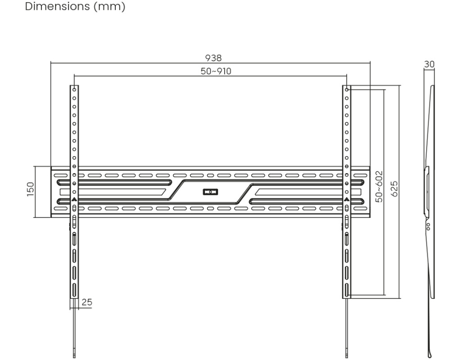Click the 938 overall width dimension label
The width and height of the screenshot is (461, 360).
[x=213, y=58]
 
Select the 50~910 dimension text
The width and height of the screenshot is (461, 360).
[x=216, y=71]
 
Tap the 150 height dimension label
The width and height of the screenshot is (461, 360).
[x=31, y=189]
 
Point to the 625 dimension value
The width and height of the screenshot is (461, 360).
[x=394, y=189]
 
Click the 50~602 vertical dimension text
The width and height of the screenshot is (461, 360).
[x=380, y=187]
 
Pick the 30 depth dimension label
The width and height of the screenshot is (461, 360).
[x=429, y=64]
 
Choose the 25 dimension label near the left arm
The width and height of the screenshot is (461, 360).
[x=87, y=302]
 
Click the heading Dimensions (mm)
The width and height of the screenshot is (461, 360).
[x=75, y=6]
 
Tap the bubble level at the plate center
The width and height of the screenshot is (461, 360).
[x=210, y=192]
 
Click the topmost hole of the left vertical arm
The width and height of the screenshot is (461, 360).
[x=74, y=90]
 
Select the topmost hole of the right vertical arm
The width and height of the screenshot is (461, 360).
[x=347, y=90]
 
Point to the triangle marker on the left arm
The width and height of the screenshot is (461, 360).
[x=74, y=199]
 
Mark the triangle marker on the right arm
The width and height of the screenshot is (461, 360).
[x=347, y=199]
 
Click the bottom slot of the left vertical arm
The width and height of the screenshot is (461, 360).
[x=74, y=290]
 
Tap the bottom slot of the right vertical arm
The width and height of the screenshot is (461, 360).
[x=347, y=290]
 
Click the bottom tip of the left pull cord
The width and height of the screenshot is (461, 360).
[x=74, y=357]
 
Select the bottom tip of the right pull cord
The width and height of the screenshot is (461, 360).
[x=347, y=357]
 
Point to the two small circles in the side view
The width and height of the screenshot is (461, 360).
[x=429, y=226]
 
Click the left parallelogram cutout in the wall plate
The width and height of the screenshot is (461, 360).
[x=112, y=192]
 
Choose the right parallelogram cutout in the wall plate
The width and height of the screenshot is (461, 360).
[x=308, y=192]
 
